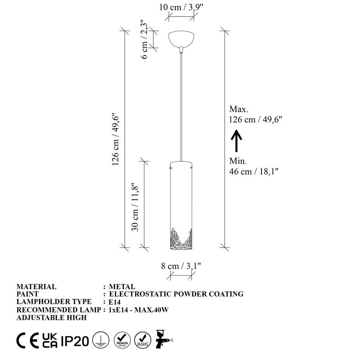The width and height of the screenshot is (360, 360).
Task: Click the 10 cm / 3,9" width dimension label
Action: point(182,7)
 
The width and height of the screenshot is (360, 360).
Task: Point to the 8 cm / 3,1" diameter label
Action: point(181,266)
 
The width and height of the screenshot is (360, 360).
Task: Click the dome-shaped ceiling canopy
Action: point(181,39)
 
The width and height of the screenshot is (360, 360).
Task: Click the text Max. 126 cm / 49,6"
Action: point(256,114)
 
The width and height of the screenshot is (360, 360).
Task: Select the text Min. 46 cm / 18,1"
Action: point(254,166)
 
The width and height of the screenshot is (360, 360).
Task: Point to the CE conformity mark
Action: point(27,340)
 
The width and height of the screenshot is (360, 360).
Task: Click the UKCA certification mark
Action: point(50,340)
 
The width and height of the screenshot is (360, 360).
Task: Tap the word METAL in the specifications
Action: point(122,287)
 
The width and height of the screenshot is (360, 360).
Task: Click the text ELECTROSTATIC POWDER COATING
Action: point(176,294)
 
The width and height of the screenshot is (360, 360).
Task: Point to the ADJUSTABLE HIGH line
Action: point(51,317)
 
